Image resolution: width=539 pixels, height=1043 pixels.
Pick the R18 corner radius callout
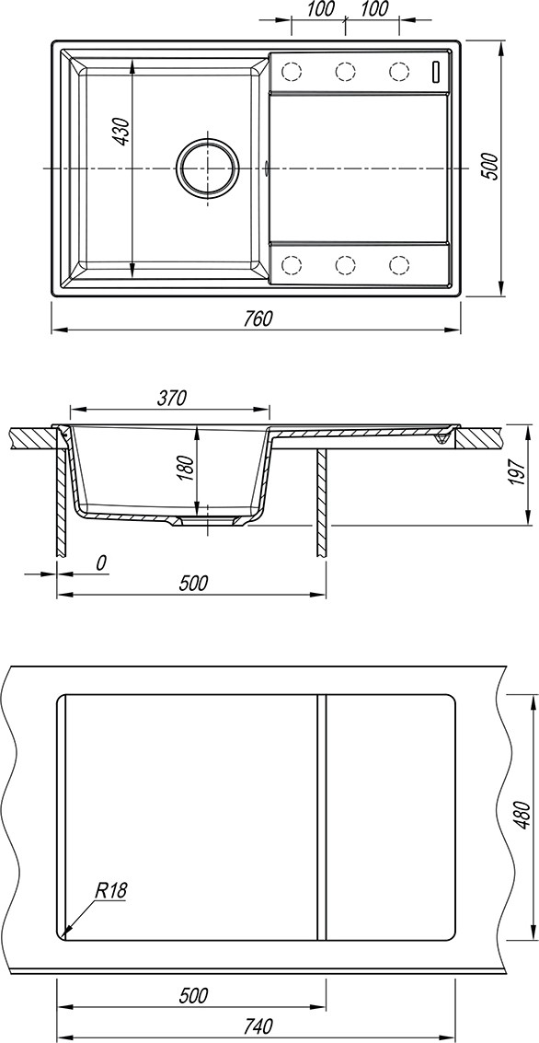(111, 889)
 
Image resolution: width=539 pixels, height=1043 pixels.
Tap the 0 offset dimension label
(101, 563)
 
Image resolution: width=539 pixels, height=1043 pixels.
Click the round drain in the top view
(207, 168)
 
